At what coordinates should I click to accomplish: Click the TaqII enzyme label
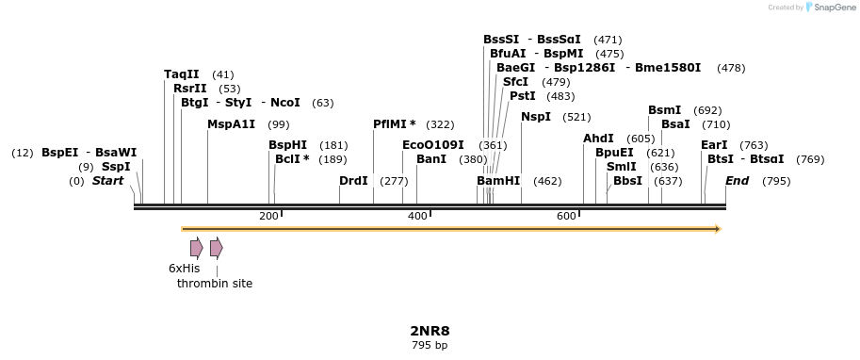182,74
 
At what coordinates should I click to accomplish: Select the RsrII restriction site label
190,89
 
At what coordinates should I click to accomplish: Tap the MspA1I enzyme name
231,124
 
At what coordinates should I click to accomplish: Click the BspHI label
287,145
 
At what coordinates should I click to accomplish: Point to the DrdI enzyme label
353,181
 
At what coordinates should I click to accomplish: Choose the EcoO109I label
433,145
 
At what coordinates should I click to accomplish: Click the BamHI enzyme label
498,181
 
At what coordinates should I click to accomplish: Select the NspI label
536,117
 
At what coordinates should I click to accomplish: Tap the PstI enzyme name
522,96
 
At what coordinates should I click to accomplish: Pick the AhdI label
598,139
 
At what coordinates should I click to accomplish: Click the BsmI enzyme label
664,110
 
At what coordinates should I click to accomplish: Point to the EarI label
714,145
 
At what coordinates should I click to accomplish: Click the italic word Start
107,181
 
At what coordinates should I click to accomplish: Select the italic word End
737,181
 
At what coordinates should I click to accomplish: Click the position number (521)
576,117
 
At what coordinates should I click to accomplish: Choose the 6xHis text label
185,269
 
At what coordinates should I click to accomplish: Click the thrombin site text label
215,283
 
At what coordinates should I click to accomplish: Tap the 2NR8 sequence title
430,331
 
